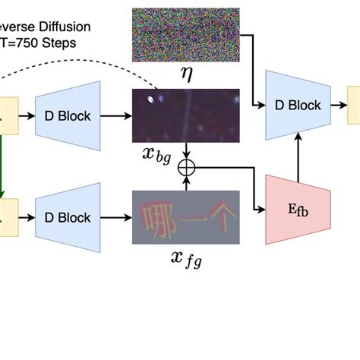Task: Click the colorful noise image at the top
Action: (x=185, y=34)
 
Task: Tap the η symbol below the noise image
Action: (x=185, y=74)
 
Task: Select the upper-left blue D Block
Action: (x=68, y=115)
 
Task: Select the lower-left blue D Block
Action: (x=68, y=217)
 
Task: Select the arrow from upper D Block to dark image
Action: (x=117, y=116)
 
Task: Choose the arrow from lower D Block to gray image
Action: (x=117, y=217)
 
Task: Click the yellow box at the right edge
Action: (x=354, y=106)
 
